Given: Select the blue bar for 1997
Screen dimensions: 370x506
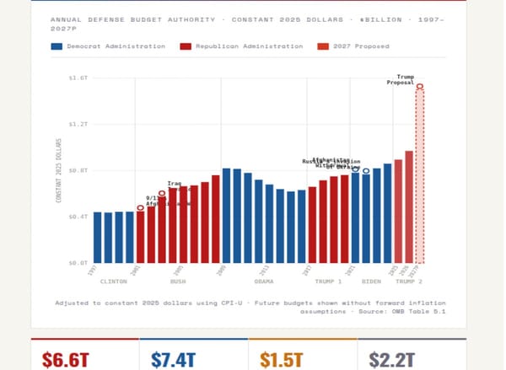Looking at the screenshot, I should (x=98, y=237).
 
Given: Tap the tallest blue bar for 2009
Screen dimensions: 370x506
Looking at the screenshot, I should (x=226, y=216).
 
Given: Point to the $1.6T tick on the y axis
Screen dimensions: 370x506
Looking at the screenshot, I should (x=78, y=78).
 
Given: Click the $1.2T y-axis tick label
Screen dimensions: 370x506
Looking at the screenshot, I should (x=78, y=124).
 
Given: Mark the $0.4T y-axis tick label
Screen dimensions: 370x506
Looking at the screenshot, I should (x=78, y=217).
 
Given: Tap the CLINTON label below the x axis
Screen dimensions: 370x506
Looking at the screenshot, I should (x=113, y=281).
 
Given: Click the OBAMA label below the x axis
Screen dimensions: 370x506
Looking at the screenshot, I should (x=263, y=281).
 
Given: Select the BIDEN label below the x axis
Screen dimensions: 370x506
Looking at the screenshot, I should (x=371, y=281).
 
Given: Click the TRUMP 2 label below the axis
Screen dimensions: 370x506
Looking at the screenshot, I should (x=409, y=281).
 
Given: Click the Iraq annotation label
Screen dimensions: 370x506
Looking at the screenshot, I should (x=174, y=183).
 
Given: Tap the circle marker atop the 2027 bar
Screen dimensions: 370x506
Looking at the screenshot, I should (x=419, y=87).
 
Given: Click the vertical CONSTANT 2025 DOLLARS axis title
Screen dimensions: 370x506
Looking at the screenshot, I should (x=59, y=170).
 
